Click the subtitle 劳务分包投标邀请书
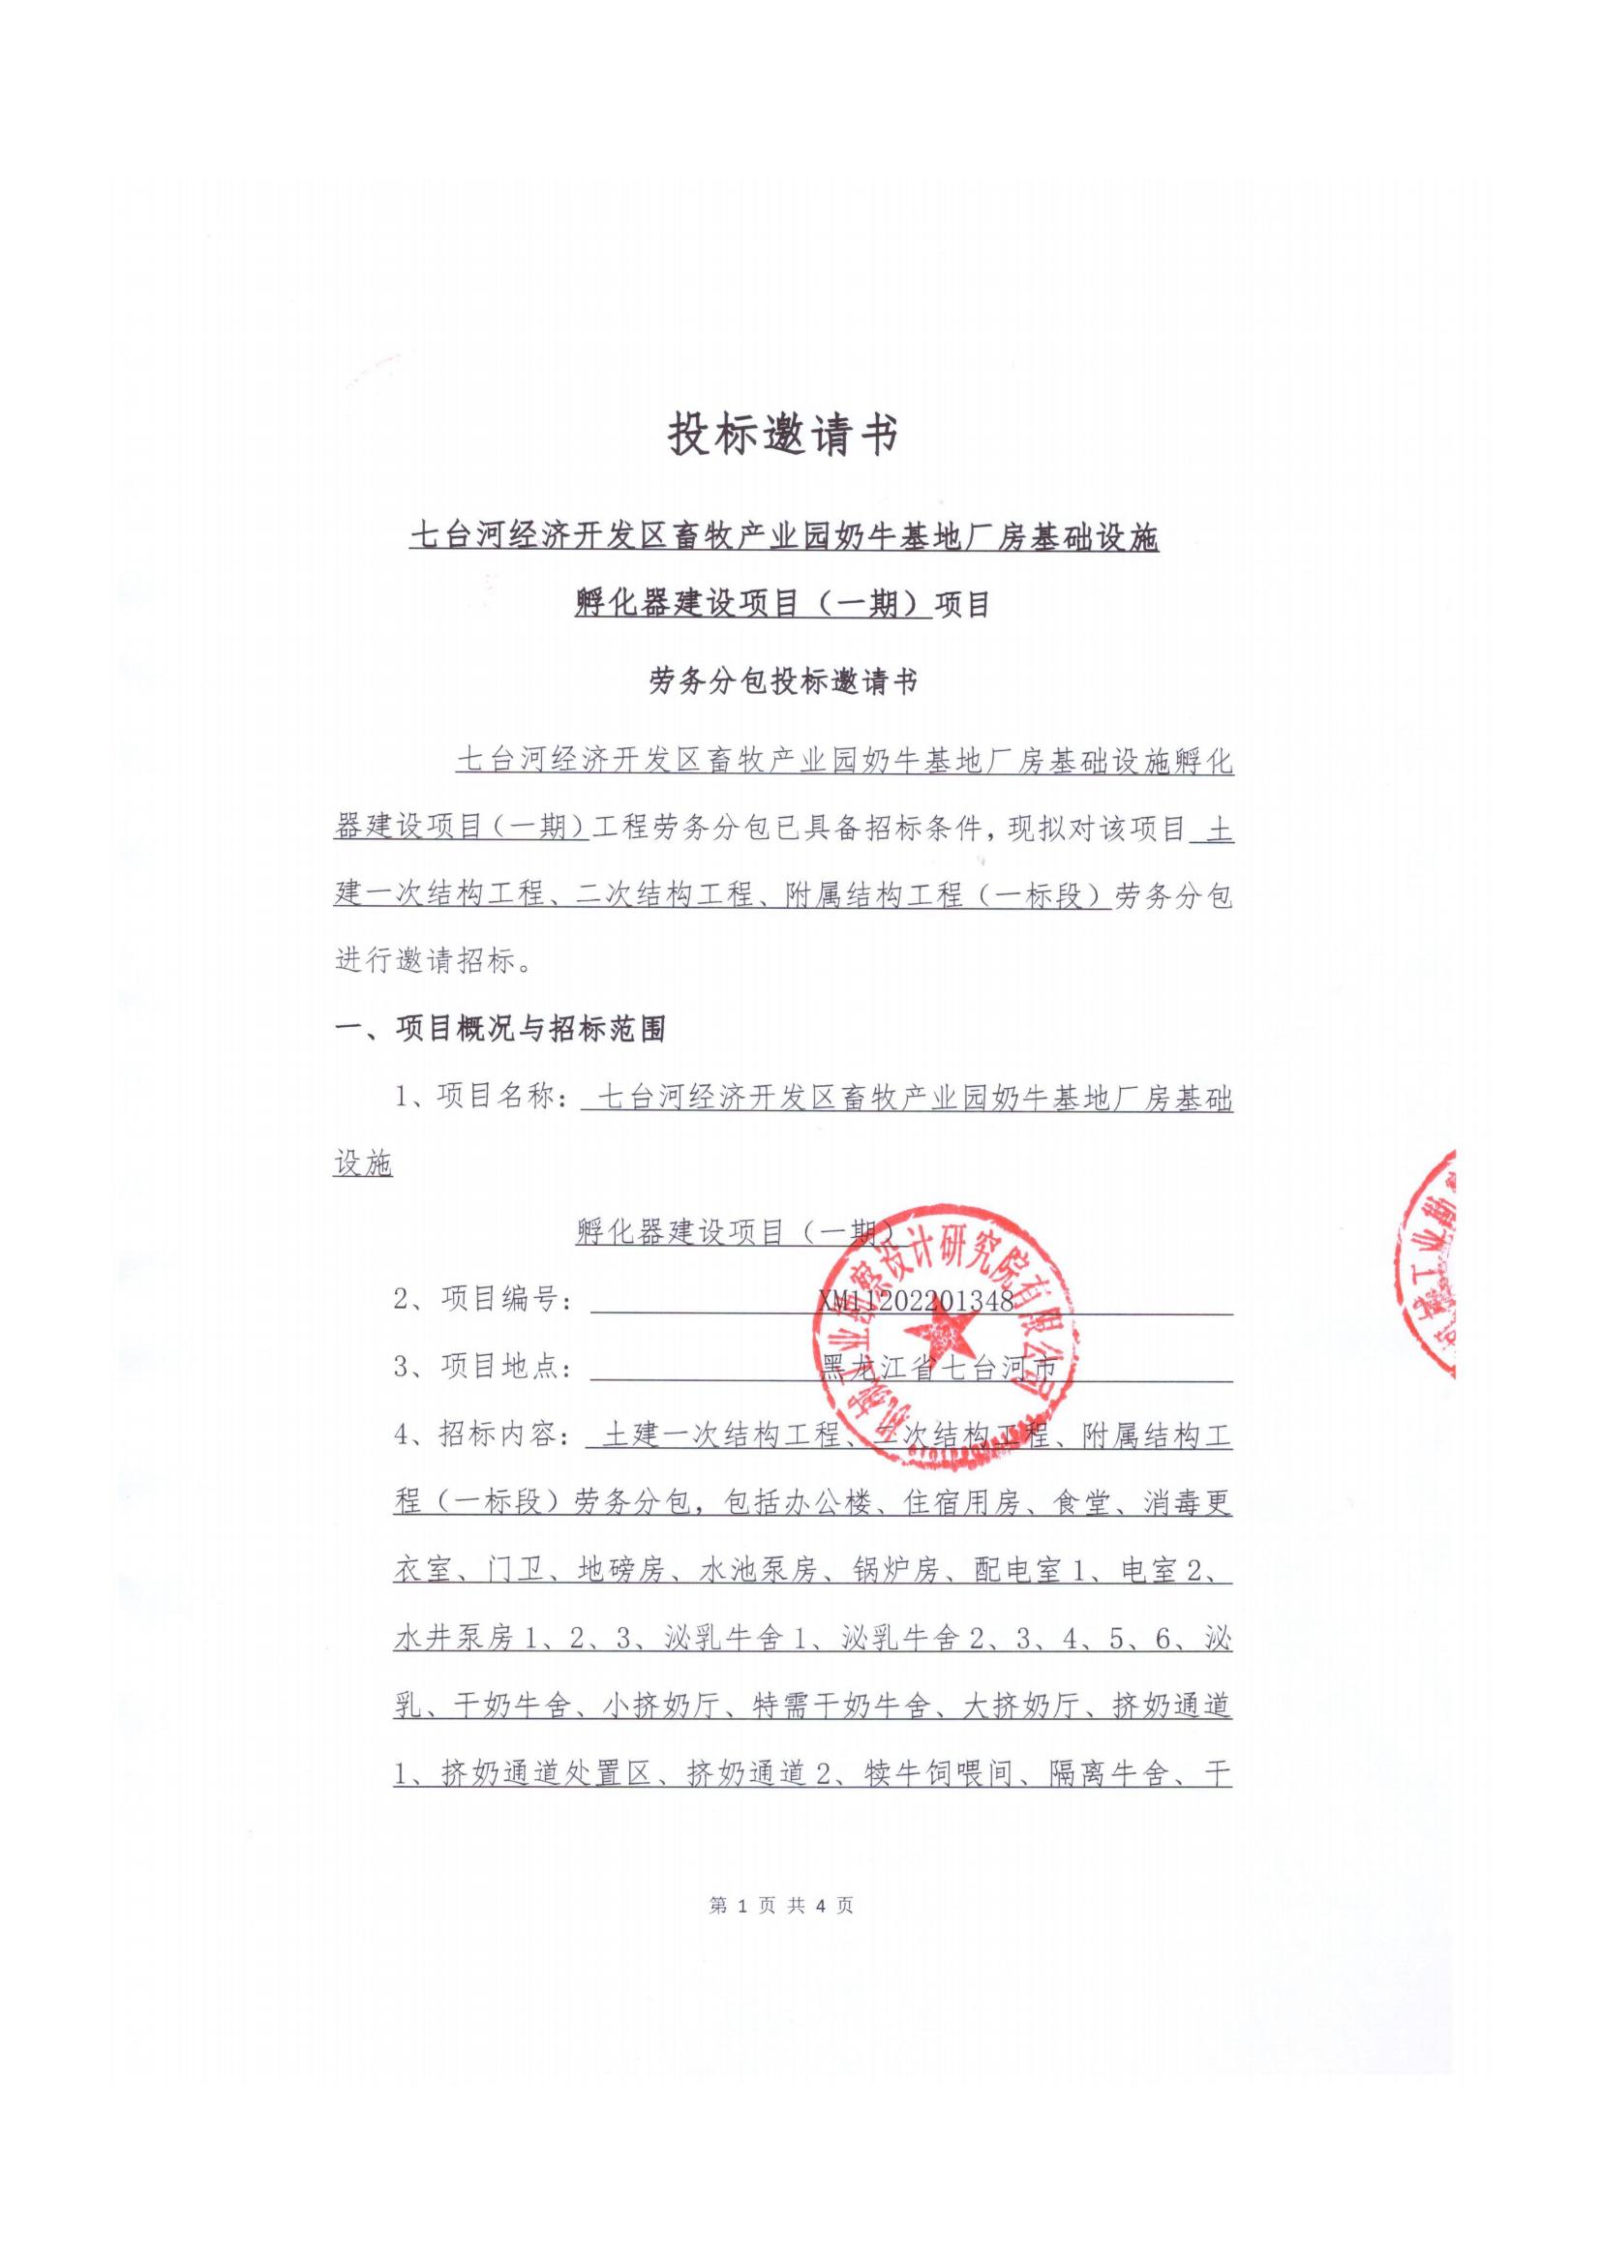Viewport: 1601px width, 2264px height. [x=784, y=680]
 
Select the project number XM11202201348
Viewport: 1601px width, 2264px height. [x=914, y=1301]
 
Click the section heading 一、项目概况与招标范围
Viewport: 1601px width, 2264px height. [x=500, y=1029]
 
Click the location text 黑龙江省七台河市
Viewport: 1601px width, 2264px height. [x=938, y=1369]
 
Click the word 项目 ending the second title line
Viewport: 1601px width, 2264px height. [x=962, y=603]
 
